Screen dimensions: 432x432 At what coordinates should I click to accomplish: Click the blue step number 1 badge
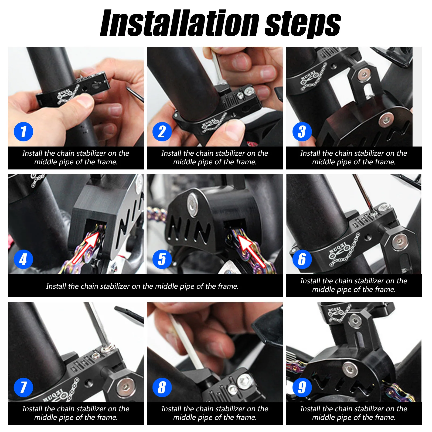pyautogui.click(x=23, y=132)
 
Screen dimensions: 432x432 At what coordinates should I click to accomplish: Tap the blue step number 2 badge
pyautogui.click(x=162, y=132)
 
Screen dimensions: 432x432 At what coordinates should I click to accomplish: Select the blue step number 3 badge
pyautogui.click(x=302, y=132)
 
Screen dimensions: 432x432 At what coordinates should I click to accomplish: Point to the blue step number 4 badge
pyautogui.click(x=23, y=259)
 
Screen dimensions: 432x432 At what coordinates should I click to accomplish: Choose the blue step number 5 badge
pyautogui.click(x=162, y=259)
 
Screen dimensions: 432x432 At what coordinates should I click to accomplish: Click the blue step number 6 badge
pyautogui.click(x=302, y=259)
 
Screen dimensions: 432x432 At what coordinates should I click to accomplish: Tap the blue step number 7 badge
pyautogui.click(x=23, y=387)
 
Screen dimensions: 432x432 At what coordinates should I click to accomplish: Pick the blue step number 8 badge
pyautogui.click(x=162, y=387)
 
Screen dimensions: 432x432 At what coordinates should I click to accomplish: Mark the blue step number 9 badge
pyautogui.click(x=302, y=387)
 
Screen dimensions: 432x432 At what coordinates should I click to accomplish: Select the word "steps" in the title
pyautogui.click(x=303, y=25)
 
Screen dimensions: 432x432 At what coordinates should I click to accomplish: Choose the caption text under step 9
pyautogui.click(x=353, y=413)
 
